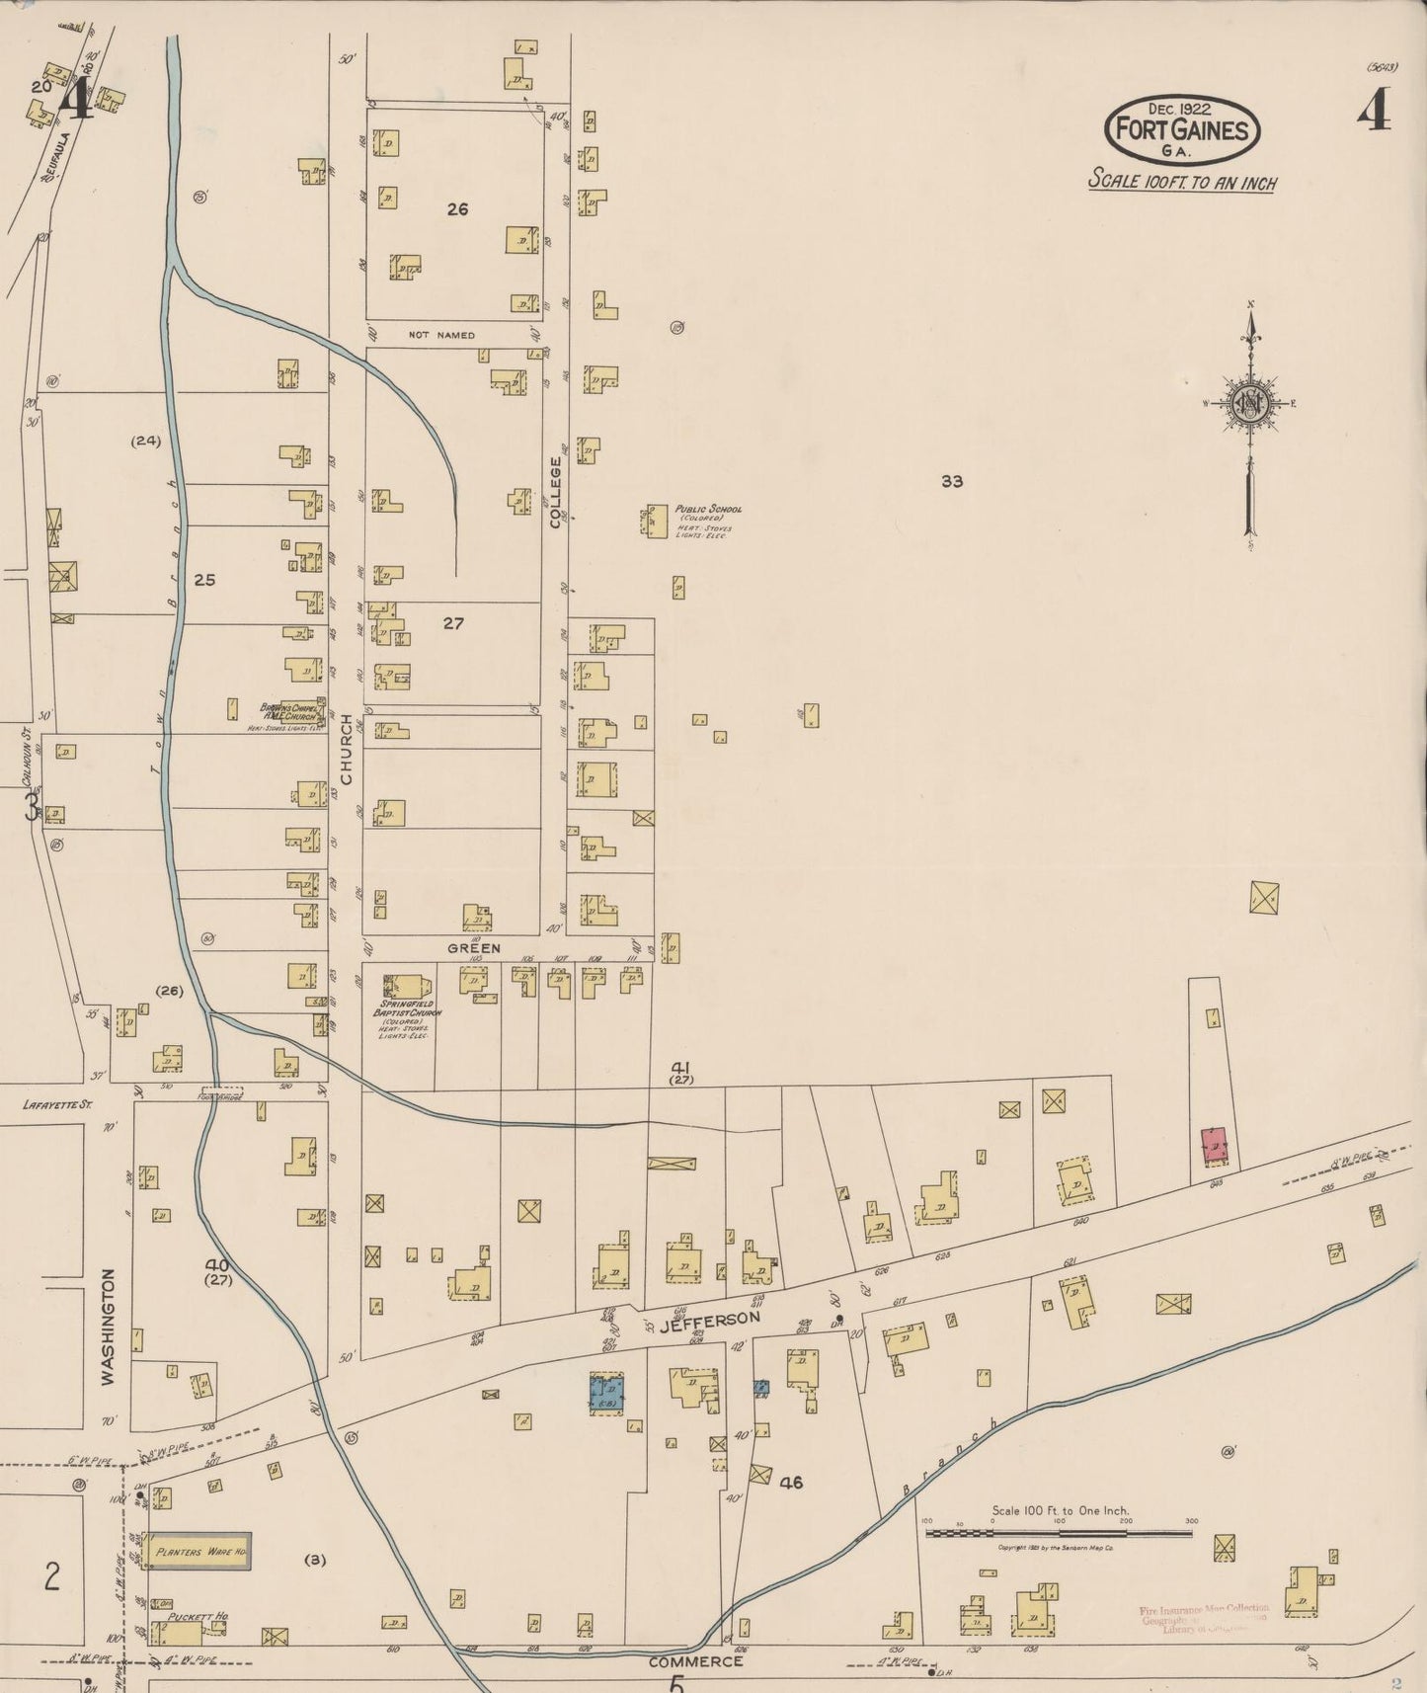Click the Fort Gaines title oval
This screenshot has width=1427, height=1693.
click(1182, 128)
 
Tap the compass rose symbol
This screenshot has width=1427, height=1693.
click(1248, 403)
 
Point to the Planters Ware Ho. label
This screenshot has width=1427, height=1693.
click(198, 1552)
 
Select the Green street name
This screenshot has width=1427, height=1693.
click(474, 948)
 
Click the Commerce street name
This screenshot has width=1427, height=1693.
click(695, 1661)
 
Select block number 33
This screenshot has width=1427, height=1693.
click(951, 482)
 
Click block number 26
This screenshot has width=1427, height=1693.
click(456, 209)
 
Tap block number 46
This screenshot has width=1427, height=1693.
click(791, 1482)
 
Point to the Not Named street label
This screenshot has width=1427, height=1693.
click(441, 335)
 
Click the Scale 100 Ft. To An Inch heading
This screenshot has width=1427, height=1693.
click(1182, 182)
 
